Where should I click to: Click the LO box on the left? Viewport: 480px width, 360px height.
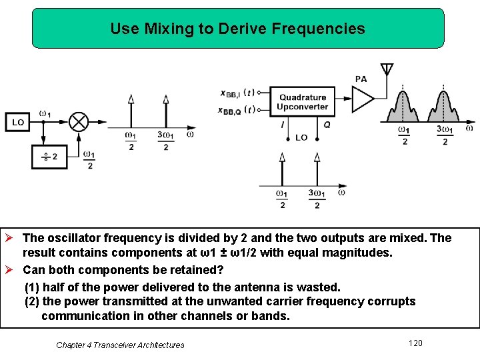(18, 123)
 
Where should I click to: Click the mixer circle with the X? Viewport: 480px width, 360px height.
(79, 122)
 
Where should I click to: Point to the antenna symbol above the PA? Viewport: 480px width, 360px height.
(387, 70)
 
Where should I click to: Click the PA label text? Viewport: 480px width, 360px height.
(361, 79)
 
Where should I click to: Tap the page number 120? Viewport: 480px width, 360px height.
(415, 343)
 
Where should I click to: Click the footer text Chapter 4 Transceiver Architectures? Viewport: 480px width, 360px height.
(120, 345)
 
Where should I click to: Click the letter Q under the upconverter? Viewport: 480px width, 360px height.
(327, 125)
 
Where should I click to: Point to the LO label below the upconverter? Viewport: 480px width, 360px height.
(301, 137)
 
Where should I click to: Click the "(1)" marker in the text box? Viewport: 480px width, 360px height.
(33, 287)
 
